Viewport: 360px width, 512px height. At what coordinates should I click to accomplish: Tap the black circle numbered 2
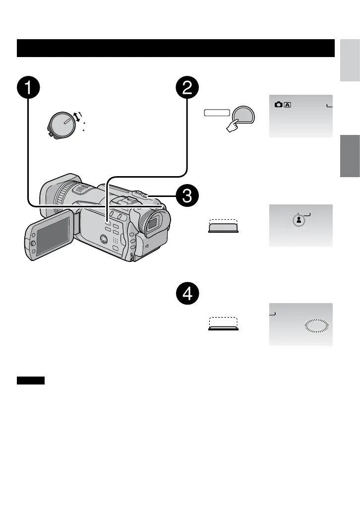pyautogui.click(x=187, y=89)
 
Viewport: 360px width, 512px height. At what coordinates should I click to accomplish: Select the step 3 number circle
pyautogui.click(x=187, y=196)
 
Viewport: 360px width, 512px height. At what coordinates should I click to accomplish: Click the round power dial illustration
pyautogui.click(x=62, y=122)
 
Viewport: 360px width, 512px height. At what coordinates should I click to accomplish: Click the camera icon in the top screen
pyautogui.click(x=278, y=105)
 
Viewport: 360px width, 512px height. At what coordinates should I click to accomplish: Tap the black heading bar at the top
pyautogui.click(x=176, y=48)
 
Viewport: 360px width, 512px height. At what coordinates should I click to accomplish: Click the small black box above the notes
pyautogui.click(x=31, y=381)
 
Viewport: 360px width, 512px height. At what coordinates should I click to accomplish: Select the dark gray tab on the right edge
pyautogui.click(x=350, y=156)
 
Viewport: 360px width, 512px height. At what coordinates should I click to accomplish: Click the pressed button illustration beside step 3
pyautogui.click(x=223, y=226)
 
